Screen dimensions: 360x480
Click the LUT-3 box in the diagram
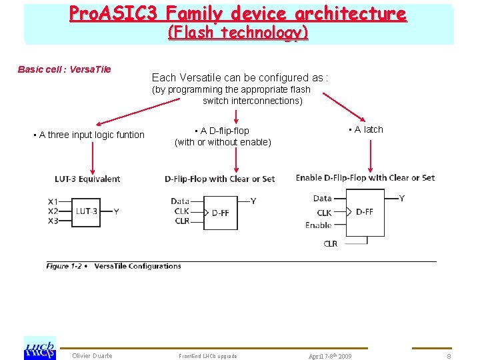(x=86, y=211)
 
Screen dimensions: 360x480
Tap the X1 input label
(x=53, y=201)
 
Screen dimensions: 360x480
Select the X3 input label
(x=53, y=221)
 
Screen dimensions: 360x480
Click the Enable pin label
(x=318, y=225)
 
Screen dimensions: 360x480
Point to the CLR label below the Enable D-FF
(x=331, y=244)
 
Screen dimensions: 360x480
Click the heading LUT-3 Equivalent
(x=87, y=179)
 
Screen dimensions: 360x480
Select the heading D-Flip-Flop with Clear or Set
(x=219, y=179)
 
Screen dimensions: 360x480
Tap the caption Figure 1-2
(x=64, y=266)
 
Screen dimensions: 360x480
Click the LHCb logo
(x=39, y=347)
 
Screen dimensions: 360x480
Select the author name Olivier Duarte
(x=93, y=356)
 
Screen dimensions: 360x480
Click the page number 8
(x=449, y=356)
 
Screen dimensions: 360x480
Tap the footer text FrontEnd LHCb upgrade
(x=207, y=356)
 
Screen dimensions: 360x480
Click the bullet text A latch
(x=366, y=129)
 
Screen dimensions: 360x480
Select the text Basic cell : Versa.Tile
(x=64, y=69)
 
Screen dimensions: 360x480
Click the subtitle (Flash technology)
(x=238, y=32)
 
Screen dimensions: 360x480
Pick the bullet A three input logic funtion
(x=89, y=135)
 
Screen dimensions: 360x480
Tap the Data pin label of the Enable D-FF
(x=322, y=198)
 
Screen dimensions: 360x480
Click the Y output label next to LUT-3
(x=117, y=211)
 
